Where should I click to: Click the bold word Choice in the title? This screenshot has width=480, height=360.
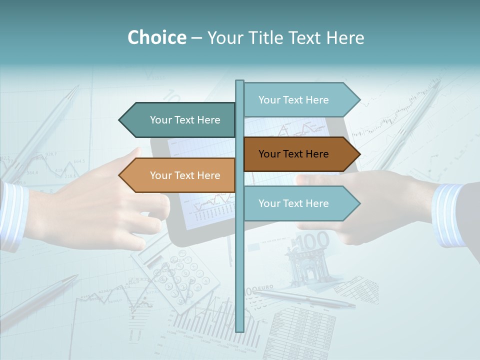coord(156,38)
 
